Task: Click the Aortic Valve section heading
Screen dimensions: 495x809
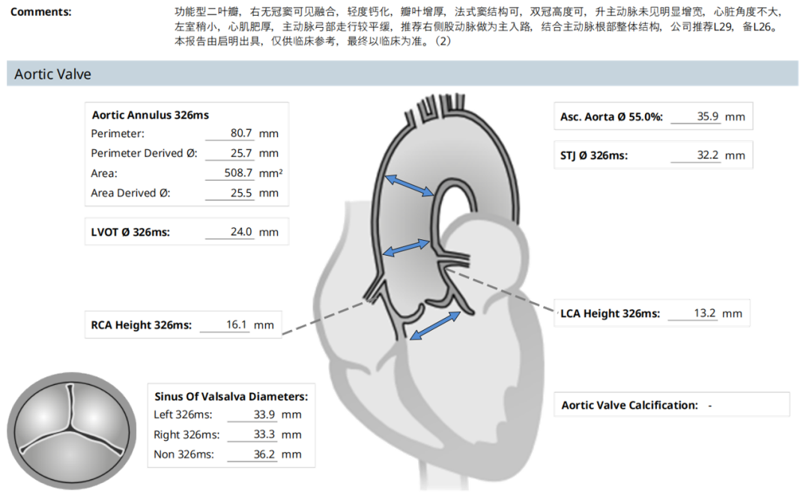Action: tap(53, 74)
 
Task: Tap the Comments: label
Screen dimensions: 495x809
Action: tap(41, 13)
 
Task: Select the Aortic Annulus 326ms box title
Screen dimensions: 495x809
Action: tap(150, 115)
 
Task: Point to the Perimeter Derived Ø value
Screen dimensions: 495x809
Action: tap(240, 154)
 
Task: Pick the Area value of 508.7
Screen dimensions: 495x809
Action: tap(237, 173)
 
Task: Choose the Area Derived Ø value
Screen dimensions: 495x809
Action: tap(240, 193)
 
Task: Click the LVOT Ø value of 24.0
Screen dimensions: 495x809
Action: tap(240, 232)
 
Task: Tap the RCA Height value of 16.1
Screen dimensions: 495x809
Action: tap(236, 325)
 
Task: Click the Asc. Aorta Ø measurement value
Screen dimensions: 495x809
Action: tap(707, 117)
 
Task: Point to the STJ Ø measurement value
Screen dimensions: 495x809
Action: tap(707, 155)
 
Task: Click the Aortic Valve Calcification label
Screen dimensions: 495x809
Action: tap(629, 405)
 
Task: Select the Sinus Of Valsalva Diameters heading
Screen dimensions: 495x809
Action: tap(231, 397)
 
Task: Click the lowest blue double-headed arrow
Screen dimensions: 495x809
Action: tap(435, 325)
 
